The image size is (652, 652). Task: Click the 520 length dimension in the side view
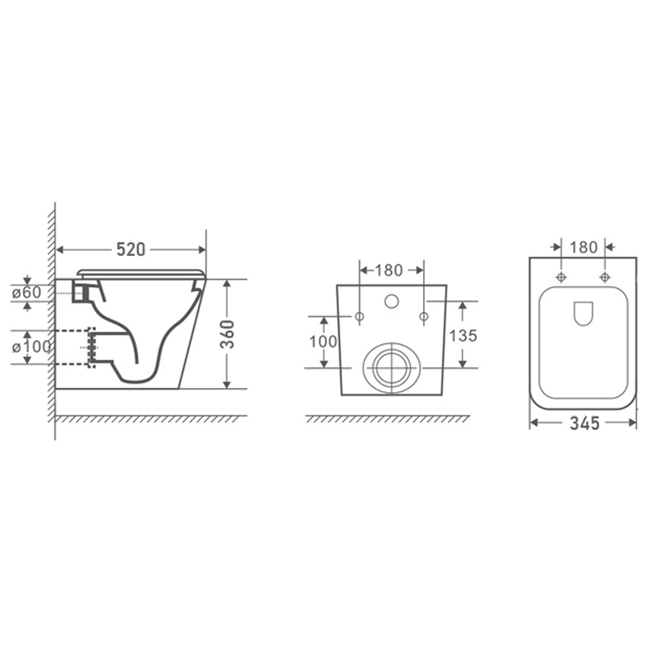click(130, 249)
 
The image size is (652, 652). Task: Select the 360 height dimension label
click(227, 334)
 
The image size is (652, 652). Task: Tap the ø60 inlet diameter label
click(27, 293)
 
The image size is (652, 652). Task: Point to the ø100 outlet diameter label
click(31, 346)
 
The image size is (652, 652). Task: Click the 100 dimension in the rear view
click(323, 341)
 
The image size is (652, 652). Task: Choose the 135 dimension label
click(463, 336)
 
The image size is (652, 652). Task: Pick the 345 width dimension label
click(584, 423)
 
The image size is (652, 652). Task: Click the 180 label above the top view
click(584, 248)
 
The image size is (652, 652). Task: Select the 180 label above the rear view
click(389, 271)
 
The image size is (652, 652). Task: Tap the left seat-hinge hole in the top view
click(562, 277)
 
